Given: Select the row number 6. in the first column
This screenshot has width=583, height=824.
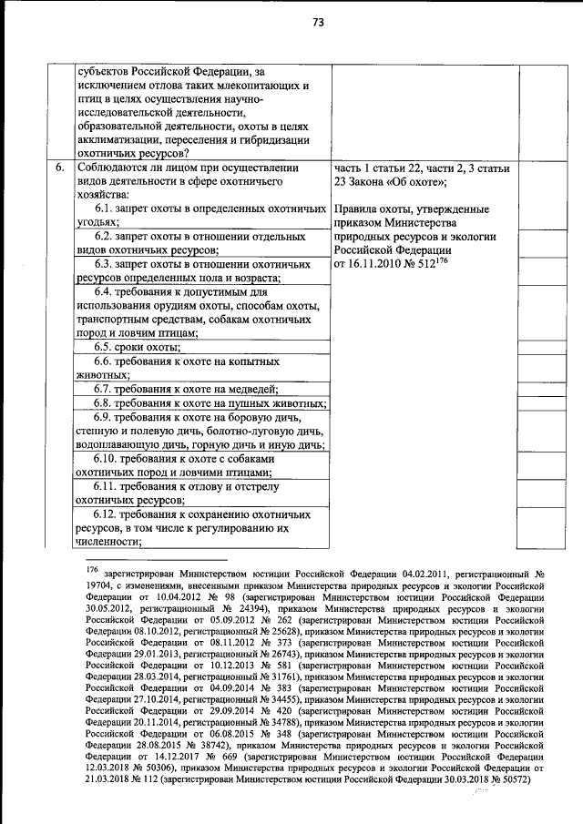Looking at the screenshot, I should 59,168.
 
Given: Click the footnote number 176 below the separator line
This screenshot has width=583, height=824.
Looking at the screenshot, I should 92,569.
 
